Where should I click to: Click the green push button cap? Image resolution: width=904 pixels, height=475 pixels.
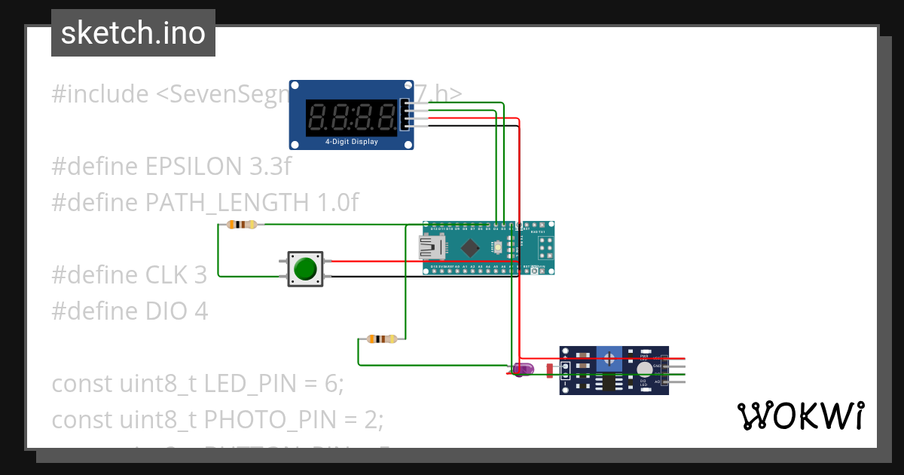click(305, 269)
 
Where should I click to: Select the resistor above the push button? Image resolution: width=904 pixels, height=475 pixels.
click(241, 224)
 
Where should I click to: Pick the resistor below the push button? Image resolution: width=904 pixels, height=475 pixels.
click(381, 339)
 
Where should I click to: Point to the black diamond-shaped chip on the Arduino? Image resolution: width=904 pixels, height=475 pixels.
click(471, 247)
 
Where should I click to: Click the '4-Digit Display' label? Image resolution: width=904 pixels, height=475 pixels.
click(351, 142)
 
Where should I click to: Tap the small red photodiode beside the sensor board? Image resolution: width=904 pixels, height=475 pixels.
click(549, 369)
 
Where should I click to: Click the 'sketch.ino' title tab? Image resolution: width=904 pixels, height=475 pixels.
click(133, 33)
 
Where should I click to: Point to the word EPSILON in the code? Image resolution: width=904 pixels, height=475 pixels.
click(194, 167)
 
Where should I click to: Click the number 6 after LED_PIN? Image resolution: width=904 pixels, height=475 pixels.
click(330, 383)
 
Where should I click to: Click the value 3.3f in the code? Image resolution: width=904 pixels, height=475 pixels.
click(269, 167)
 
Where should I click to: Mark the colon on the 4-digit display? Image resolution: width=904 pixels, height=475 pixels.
click(352, 117)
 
